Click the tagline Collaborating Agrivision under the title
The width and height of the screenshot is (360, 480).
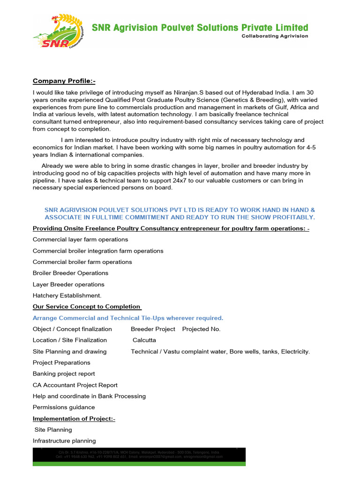(275, 36)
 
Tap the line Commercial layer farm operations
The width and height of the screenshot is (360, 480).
(74, 240)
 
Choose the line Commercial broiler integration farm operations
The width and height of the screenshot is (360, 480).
(98, 251)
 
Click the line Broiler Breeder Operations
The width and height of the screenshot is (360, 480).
(70, 273)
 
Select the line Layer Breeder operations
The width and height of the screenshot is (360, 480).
(68, 285)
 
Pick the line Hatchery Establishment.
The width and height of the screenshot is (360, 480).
(67, 296)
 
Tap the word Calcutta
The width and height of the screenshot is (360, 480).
(144, 340)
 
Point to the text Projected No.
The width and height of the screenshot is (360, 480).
(201, 329)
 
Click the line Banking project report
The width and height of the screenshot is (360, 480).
(64, 374)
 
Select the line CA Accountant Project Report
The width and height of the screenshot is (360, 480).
(75, 385)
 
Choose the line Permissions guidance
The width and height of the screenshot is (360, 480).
(64, 407)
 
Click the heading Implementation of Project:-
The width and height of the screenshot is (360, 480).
(74, 419)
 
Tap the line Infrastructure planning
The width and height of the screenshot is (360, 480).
(64, 441)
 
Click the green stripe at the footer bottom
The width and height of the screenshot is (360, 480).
(139, 464)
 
